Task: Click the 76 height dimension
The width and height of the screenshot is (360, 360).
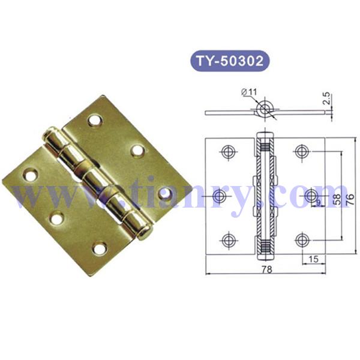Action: tap(350, 198)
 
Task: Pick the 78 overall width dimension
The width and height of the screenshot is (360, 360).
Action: tap(266, 270)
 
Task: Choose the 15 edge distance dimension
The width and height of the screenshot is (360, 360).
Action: tap(313, 259)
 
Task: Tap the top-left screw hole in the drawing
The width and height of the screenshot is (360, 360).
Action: tap(227, 152)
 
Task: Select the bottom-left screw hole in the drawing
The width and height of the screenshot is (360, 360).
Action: tap(227, 241)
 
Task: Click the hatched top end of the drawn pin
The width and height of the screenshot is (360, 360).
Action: tap(264, 146)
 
